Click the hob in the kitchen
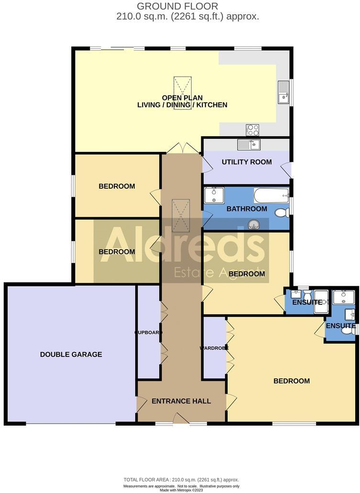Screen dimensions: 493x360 point(252,129)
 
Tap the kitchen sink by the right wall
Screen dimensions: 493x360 point(283,92)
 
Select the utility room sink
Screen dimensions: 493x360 point(248,144)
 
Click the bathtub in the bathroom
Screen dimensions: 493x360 point(271,195)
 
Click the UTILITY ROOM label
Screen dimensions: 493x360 point(247,162)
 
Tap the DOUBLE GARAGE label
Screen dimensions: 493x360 point(71,354)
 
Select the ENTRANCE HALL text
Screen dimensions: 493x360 point(181,401)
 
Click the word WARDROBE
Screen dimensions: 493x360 point(214,348)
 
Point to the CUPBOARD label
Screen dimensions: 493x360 point(149,332)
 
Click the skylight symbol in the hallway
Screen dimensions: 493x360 point(182,214)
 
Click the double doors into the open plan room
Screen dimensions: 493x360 point(181,148)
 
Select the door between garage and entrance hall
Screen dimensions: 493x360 point(141,404)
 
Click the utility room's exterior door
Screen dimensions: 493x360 point(286,170)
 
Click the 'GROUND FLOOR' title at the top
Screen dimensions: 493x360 point(177,6)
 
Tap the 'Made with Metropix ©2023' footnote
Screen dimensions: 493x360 point(181,490)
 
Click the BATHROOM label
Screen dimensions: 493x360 point(247,209)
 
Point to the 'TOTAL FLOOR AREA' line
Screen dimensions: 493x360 point(181,480)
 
